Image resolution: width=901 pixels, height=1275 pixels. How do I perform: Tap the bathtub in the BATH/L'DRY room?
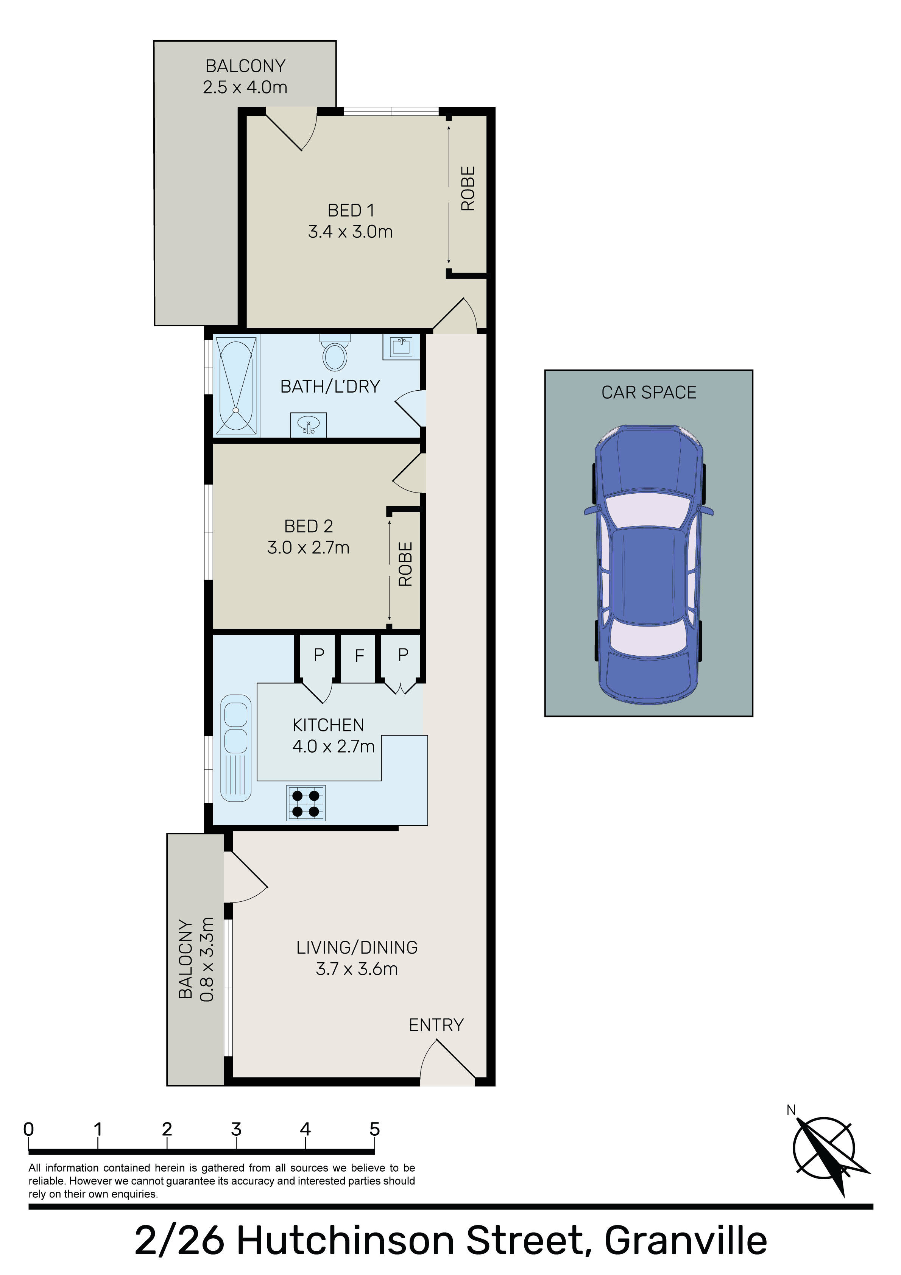tap(237, 385)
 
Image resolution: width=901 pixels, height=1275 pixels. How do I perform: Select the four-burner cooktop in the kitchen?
tap(306, 803)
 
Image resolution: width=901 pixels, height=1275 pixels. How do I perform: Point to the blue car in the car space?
tap(648, 565)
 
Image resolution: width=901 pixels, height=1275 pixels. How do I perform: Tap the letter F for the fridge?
tap(359, 656)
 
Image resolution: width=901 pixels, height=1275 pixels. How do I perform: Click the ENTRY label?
tap(436, 1024)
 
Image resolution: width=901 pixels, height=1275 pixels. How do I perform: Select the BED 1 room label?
tap(351, 210)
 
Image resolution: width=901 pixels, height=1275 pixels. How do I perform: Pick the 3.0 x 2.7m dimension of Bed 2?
tap(308, 547)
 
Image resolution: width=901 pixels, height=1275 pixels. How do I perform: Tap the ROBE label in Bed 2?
tap(405, 564)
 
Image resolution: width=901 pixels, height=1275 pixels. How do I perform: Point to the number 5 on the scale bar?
tap(374, 1129)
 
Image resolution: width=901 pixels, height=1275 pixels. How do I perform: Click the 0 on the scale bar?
tap(28, 1129)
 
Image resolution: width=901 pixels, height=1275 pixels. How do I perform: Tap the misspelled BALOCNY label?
tap(185, 959)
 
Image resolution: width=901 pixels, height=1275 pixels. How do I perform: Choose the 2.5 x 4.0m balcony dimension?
tap(245, 87)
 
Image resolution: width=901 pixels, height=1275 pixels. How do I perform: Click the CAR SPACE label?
tap(649, 392)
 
